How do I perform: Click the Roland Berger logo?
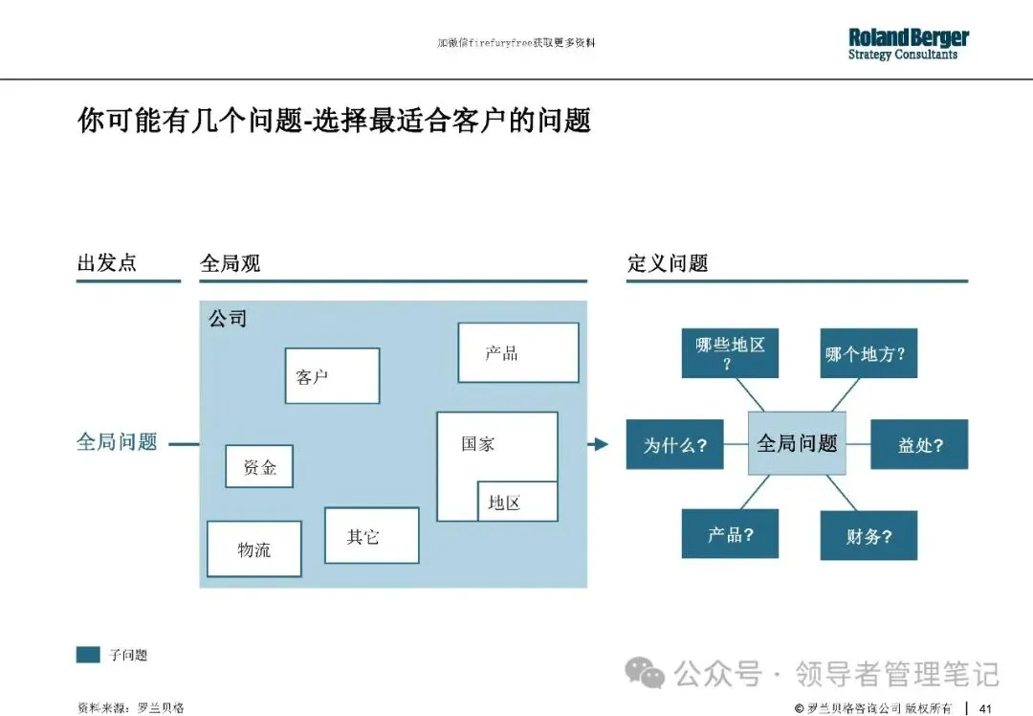click(908, 44)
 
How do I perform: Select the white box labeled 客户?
click(332, 375)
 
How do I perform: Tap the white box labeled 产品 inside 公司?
click(517, 352)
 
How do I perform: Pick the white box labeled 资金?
click(259, 466)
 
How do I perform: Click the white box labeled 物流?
click(254, 548)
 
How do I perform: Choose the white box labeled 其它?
click(371, 535)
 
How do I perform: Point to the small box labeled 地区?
click(516, 502)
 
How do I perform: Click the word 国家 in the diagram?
click(477, 443)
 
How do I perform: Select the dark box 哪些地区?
click(730, 352)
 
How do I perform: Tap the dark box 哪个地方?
click(866, 354)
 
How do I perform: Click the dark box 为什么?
click(674, 444)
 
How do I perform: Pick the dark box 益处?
click(919, 444)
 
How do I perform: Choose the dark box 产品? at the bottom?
click(730, 533)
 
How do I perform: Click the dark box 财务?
click(868, 536)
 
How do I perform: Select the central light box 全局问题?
click(797, 443)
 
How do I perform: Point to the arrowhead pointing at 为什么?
click(600, 444)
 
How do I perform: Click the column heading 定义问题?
click(668, 263)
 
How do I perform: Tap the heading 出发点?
click(106, 262)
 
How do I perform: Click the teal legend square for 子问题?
click(88, 655)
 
